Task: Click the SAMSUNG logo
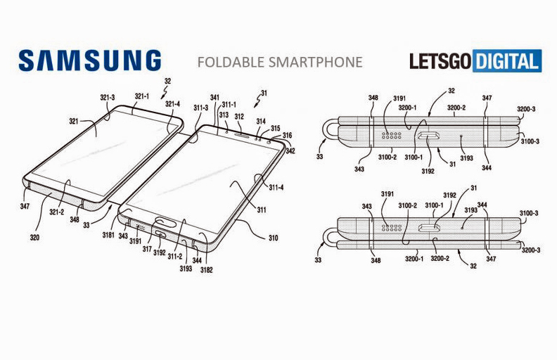click(x=90, y=60)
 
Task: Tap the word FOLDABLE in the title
click(x=230, y=62)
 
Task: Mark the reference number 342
click(x=291, y=150)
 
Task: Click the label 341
click(x=215, y=98)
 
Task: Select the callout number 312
click(x=239, y=116)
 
